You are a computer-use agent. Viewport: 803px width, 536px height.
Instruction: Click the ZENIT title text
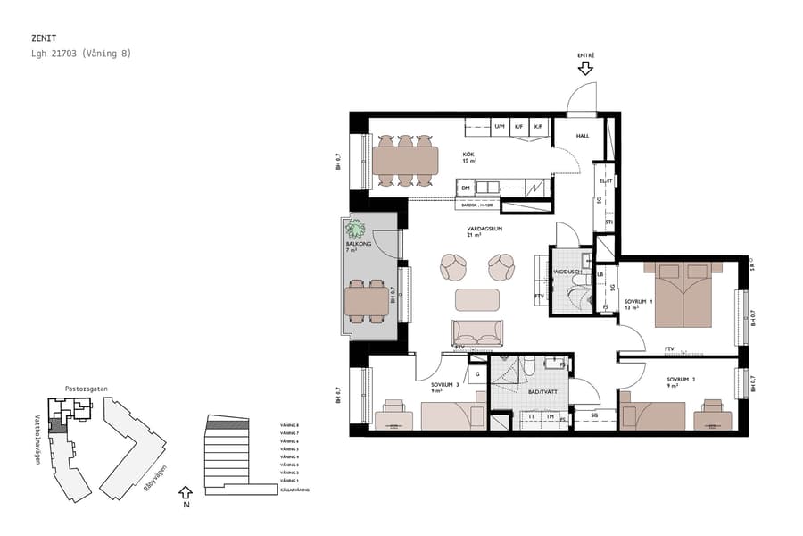pos(44,38)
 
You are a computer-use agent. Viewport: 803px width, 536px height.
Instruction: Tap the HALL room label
pos(583,136)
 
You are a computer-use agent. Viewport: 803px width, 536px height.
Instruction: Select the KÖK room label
pos(468,155)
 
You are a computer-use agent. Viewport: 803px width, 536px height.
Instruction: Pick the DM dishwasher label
pos(466,188)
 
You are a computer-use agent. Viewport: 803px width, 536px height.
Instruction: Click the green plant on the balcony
pos(357,228)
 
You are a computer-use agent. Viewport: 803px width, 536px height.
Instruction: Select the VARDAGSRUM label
pos(485,230)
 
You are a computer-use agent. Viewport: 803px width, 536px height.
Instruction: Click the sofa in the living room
pos(477,332)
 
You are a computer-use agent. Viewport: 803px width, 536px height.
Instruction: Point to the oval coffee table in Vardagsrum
pos(477,299)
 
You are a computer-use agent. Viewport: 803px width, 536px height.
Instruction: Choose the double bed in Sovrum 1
pos(683,295)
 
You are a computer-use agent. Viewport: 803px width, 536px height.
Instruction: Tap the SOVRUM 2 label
pos(680,380)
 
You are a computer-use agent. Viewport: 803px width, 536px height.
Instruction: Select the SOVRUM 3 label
pos(443,385)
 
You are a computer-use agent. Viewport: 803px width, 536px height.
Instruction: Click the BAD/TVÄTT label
pos(538,392)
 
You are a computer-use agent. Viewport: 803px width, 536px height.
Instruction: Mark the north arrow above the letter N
pos(186,490)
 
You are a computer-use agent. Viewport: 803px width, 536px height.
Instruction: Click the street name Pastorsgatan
pos(87,389)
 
